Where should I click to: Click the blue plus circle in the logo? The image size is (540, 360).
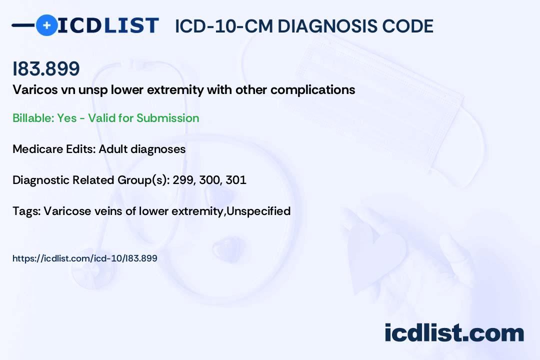coord(46,25)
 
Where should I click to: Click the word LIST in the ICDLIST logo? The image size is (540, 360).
coord(131,25)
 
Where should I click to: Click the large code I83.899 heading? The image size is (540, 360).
coord(46,68)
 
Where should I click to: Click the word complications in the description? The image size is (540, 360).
coord(312,90)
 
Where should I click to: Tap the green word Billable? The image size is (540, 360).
coord(33,118)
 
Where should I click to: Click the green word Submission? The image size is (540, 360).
coord(167,118)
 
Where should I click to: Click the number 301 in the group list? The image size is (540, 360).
coord(236,180)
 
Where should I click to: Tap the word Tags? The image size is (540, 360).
coord(26,211)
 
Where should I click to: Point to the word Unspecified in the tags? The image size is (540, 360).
coord(258,211)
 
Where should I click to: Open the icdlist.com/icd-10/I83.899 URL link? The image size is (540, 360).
coord(84,258)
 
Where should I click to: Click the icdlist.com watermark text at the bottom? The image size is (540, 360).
coord(454,333)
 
